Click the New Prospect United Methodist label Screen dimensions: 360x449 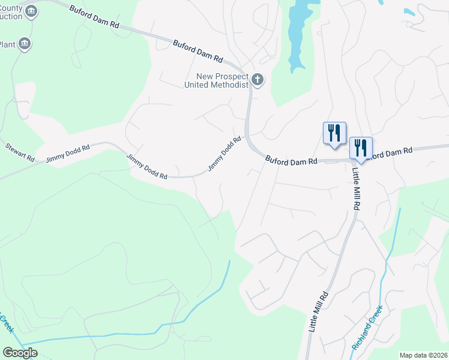point(222,80)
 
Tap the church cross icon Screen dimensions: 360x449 point(258,80)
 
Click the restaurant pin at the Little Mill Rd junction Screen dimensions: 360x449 point(361,148)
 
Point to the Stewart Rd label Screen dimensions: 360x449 point(20,151)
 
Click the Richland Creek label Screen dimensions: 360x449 point(367,329)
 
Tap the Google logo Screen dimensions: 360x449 point(20,353)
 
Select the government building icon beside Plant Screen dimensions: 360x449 point(25,44)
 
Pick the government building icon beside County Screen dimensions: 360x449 point(32,11)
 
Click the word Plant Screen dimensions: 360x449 point(7,44)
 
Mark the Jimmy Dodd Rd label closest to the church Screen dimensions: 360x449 point(224,154)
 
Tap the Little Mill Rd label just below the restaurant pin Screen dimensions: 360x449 point(356,188)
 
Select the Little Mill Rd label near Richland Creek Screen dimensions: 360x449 point(319,312)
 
